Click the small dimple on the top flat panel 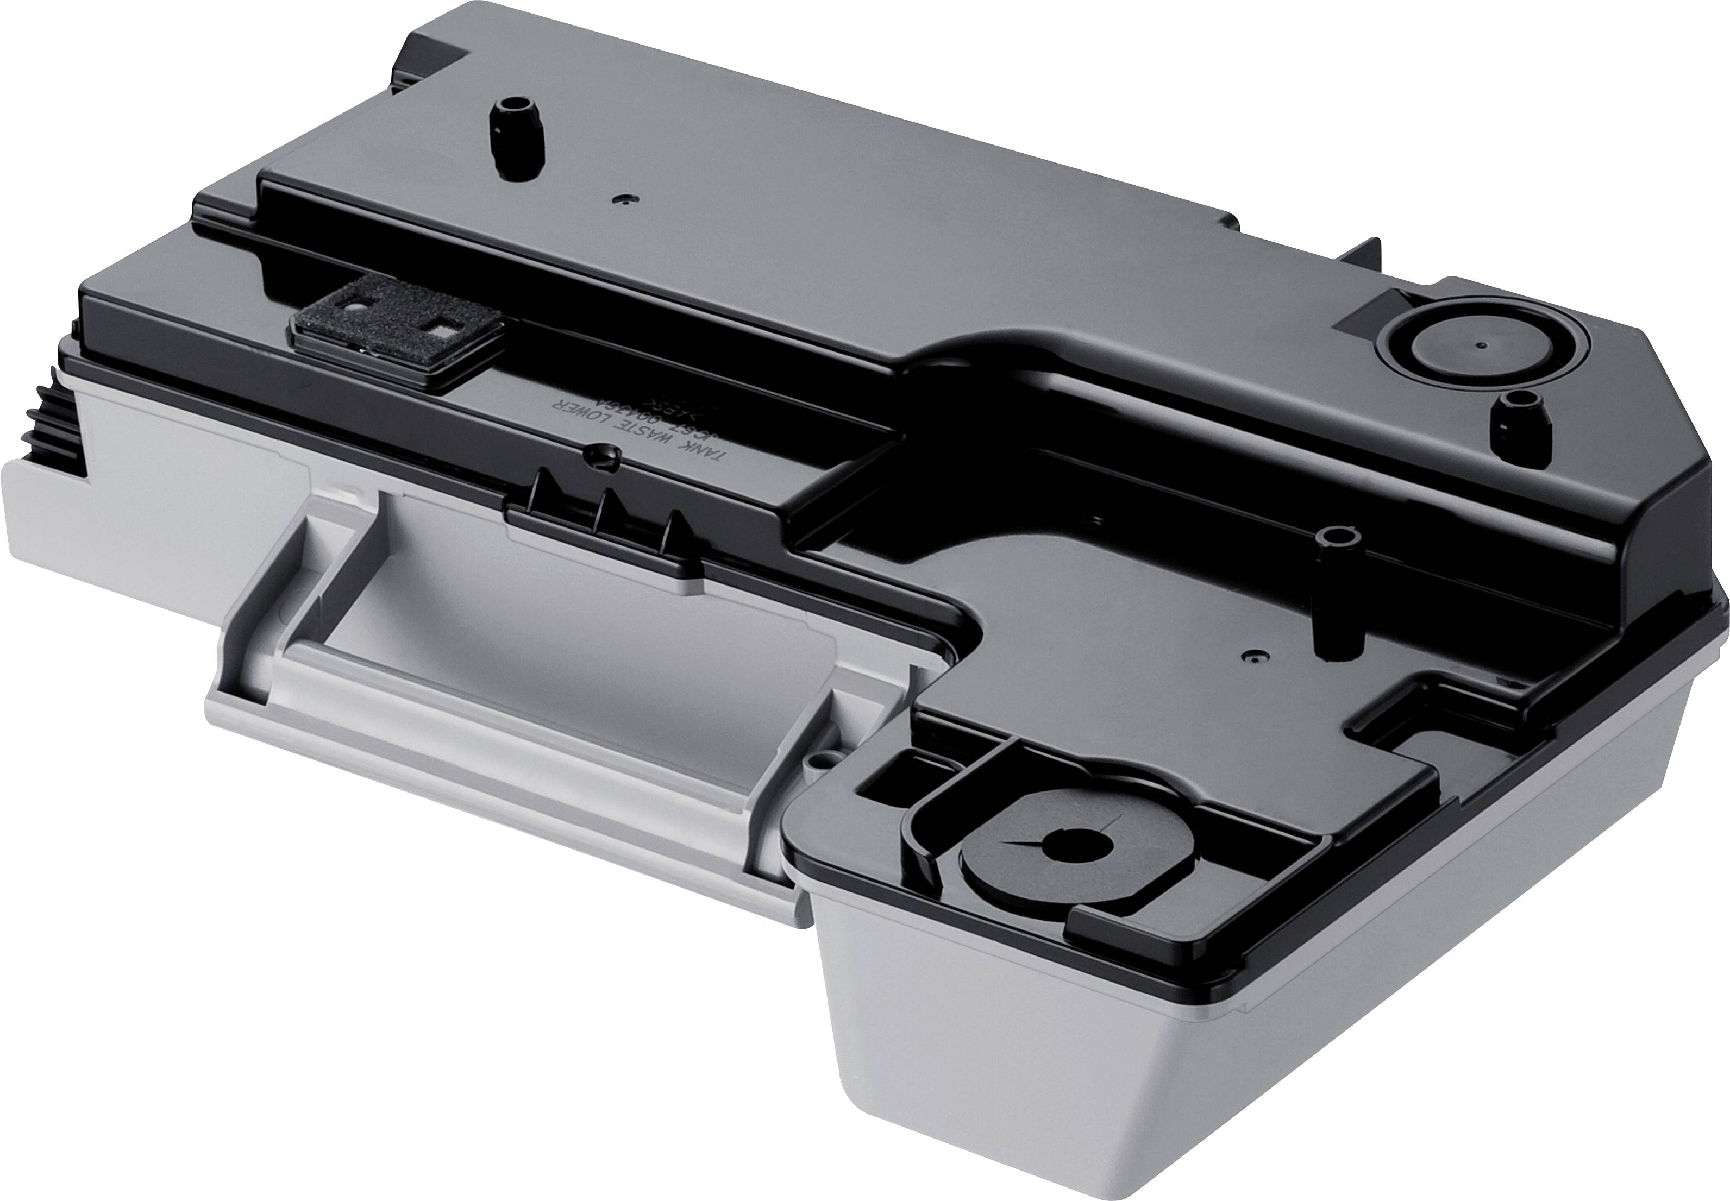622,199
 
